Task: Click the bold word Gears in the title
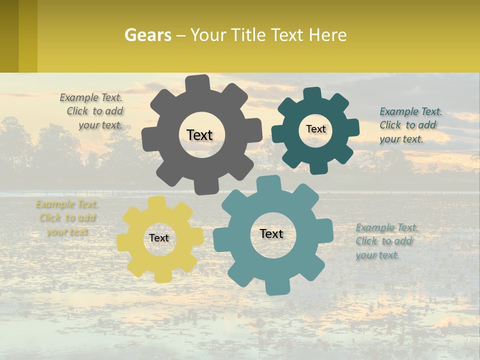147,35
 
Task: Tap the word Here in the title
327,35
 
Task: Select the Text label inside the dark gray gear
200,135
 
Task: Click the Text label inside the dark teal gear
315,129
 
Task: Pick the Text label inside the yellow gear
159,238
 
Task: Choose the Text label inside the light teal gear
271,233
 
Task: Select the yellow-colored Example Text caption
66,217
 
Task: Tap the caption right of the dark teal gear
410,125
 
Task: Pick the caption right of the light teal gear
386,241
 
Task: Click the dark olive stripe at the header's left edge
9,36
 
